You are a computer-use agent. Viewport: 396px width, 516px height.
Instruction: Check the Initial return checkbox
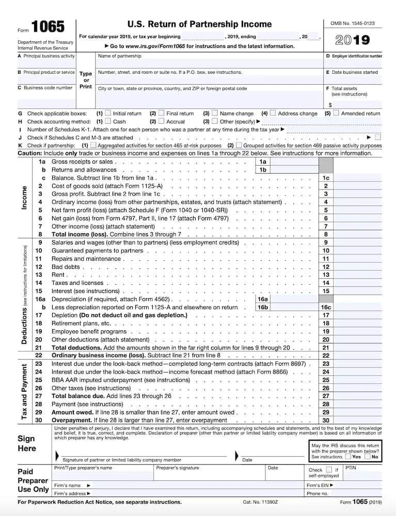click(108, 113)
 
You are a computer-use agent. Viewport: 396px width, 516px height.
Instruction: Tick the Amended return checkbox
click(336, 113)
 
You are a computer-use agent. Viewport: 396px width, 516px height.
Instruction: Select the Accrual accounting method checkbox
click(161, 121)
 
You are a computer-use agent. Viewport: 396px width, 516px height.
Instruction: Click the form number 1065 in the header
click(48, 27)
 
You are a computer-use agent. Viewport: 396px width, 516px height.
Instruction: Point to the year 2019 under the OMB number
click(353, 40)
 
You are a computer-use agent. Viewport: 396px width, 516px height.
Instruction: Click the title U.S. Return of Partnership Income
click(199, 24)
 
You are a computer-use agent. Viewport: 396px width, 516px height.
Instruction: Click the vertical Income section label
click(24, 197)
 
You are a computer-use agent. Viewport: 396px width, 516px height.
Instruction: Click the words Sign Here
click(26, 443)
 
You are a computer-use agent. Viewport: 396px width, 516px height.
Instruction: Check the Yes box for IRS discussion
click(348, 457)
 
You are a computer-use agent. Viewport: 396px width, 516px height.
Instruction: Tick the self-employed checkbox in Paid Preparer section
click(329, 470)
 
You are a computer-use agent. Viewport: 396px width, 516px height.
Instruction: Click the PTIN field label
click(351, 467)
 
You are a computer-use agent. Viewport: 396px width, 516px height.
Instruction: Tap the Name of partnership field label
click(119, 56)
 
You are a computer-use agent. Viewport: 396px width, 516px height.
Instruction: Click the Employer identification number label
click(354, 56)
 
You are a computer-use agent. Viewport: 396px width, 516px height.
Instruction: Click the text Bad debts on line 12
click(66, 267)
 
